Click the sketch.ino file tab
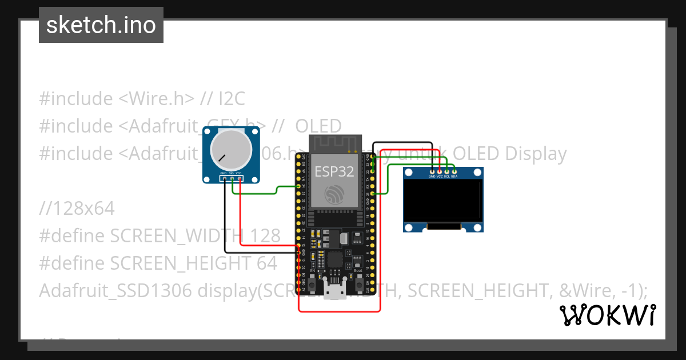coord(101,25)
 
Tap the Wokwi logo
coord(607,315)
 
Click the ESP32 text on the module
coord(334,171)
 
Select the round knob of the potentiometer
coord(230,149)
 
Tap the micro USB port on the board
coord(334,291)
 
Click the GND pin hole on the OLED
coord(432,171)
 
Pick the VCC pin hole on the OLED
coord(440,171)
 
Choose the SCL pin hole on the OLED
coord(446,171)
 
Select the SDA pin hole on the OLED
coord(454,171)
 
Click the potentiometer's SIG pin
coord(232,179)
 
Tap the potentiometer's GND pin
coord(224,179)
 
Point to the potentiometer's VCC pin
coord(239,179)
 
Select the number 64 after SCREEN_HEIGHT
coord(266,263)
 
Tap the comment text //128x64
coord(77,209)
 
